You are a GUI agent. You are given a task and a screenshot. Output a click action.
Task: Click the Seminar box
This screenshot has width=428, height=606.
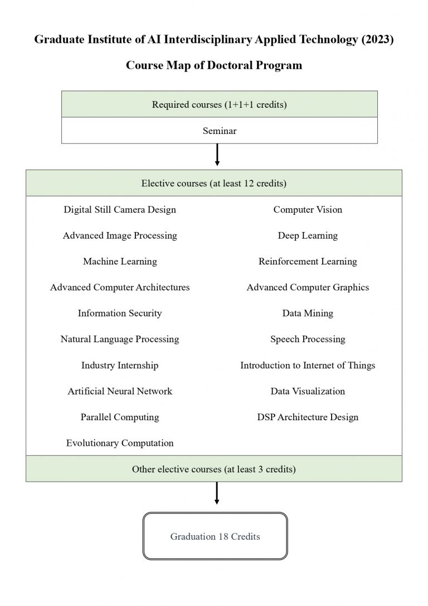pyautogui.click(x=219, y=131)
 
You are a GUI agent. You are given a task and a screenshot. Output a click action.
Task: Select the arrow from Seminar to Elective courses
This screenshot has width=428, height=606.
pyautogui.click(x=217, y=155)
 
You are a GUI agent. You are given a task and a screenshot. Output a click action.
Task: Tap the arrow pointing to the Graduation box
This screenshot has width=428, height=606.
pyautogui.click(x=217, y=493)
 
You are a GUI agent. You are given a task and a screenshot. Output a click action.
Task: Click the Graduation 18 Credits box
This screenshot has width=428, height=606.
pyautogui.click(x=215, y=536)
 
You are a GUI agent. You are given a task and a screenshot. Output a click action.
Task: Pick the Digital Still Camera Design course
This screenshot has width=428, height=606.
pyautogui.click(x=120, y=210)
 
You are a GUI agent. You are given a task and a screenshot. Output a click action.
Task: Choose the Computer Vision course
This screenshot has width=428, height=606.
pyautogui.click(x=308, y=210)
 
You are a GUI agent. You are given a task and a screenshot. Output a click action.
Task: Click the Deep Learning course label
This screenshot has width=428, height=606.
pyautogui.click(x=308, y=235)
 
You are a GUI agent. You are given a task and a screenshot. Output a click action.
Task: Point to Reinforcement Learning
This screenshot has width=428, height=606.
pyautogui.click(x=308, y=262)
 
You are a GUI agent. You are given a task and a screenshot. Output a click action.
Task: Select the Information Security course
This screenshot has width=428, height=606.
pyautogui.click(x=120, y=314)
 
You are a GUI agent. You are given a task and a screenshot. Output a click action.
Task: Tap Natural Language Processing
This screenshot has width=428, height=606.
pyautogui.click(x=120, y=339)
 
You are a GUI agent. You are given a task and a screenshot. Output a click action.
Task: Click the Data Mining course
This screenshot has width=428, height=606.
pyautogui.click(x=308, y=314)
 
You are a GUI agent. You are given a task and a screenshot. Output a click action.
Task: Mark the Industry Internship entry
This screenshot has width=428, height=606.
pyautogui.click(x=120, y=365)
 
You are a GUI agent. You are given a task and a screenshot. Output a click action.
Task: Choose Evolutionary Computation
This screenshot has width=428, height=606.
pyautogui.click(x=120, y=443)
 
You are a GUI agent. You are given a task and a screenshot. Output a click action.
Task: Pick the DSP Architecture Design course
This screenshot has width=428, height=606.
pyautogui.click(x=308, y=417)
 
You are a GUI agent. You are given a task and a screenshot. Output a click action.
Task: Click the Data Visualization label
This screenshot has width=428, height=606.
pyautogui.click(x=308, y=391)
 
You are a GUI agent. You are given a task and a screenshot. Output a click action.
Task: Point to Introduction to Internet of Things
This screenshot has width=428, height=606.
pyautogui.click(x=308, y=365)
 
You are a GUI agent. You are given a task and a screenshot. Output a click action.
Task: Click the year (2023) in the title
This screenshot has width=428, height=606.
pyautogui.click(x=377, y=40)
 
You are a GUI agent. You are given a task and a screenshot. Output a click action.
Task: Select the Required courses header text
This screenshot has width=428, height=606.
pyautogui.click(x=219, y=105)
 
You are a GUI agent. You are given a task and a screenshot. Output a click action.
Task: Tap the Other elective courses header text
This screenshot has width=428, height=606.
pyautogui.click(x=214, y=469)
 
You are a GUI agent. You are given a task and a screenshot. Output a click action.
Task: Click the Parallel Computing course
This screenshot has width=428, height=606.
pyautogui.click(x=120, y=417)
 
